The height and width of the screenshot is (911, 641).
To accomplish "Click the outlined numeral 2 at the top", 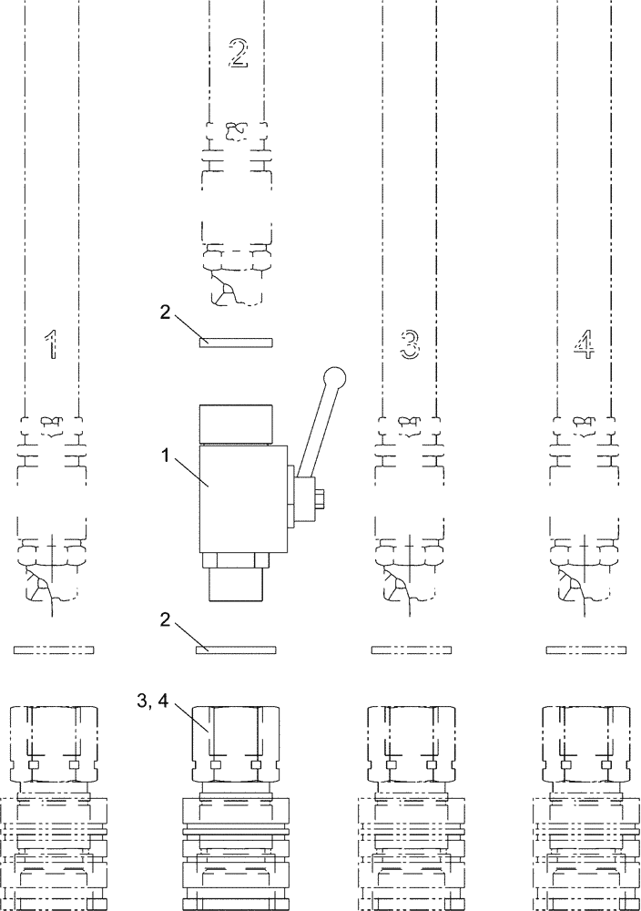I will click(237, 54).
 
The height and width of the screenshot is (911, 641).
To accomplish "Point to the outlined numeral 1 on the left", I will click(53, 343).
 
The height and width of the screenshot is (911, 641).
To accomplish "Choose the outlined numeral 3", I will click(411, 343).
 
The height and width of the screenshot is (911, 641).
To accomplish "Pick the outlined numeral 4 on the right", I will click(583, 343).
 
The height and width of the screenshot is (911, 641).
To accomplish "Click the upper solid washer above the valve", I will click(236, 342).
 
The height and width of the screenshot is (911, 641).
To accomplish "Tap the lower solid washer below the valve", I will click(236, 650).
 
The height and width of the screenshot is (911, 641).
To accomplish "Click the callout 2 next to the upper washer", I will click(165, 312).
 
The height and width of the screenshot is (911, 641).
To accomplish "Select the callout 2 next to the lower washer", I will click(165, 619).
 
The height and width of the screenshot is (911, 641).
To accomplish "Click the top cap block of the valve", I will click(236, 424).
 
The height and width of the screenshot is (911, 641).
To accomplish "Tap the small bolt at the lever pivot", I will click(320, 498).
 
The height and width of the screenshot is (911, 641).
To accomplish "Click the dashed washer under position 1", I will click(54, 650).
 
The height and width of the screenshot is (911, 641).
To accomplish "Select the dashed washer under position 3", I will click(412, 650).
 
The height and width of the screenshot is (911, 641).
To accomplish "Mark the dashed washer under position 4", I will click(586, 650).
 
